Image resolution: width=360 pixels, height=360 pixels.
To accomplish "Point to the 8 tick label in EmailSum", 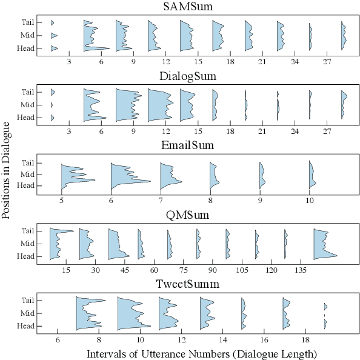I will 210,200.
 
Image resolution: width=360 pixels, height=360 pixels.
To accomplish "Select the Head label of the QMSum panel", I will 26,256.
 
